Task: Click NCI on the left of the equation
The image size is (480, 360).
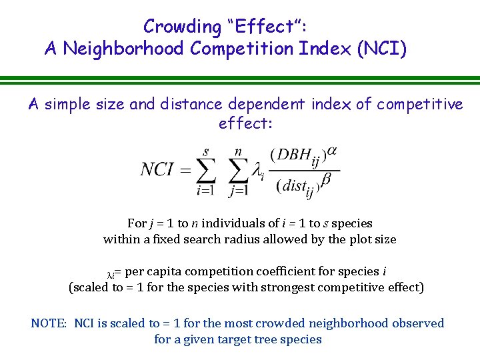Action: point(157,169)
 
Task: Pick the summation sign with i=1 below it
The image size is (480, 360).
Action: point(206,171)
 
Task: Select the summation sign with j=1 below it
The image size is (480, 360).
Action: point(237,171)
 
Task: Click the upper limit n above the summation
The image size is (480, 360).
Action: point(238,153)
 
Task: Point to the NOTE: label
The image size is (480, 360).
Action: point(49,323)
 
